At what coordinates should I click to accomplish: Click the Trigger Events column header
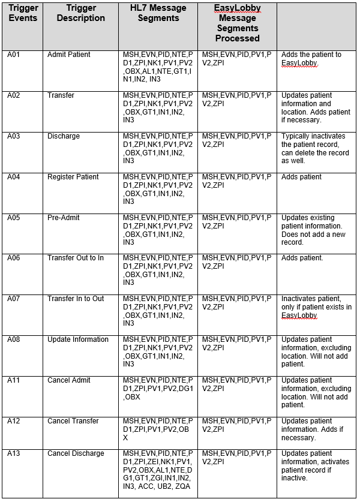[x=23, y=13]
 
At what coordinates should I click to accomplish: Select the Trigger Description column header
[x=81, y=13]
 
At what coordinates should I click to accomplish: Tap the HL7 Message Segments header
[x=158, y=13]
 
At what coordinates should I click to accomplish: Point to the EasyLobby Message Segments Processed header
[x=237, y=23]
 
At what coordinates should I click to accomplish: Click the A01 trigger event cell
[x=14, y=55]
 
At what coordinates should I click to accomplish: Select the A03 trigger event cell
[x=14, y=136]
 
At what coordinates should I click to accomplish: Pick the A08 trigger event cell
[x=14, y=339]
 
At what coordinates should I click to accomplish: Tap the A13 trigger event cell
[x=14, y=453]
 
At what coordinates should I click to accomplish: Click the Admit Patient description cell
[x=69, y=55]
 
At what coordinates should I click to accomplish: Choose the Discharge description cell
[x=64, y=136]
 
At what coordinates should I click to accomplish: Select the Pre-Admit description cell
[x=64, y=218]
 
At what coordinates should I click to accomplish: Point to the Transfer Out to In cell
[x=76, y=258]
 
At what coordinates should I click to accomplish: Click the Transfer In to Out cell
[x=76, y=299]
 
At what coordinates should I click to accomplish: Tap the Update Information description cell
[x=78, y=339]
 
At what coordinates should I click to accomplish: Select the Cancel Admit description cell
[x=69, y=380]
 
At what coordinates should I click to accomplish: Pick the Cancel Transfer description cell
[x=73, y=421]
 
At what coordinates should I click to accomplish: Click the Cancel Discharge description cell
[x=76, y=453]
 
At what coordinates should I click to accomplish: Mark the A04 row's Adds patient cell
[x=301, y=177]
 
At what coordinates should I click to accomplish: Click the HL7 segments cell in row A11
[x=158, y=389]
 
